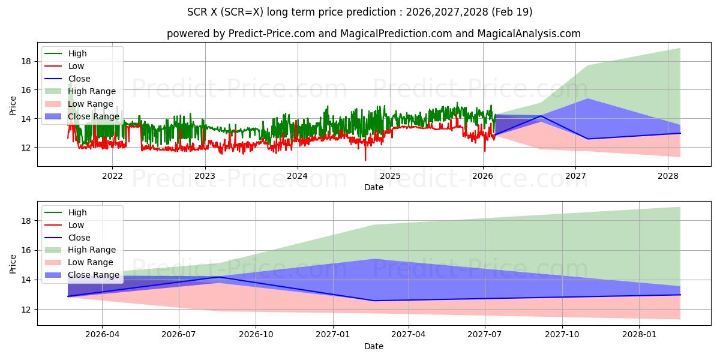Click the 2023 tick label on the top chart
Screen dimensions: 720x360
pos(205,176)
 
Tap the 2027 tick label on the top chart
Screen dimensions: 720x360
pos(575,176)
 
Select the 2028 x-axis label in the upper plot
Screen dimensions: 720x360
pos(668,176)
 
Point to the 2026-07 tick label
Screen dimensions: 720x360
pos(179,335)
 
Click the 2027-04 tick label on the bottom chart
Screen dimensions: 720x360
pos(408,335)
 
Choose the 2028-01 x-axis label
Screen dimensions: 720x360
pos(640,335)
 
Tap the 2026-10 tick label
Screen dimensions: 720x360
pos(256,335)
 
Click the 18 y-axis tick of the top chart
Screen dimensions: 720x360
pos(26,61)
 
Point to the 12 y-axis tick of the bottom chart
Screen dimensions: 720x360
pos(26,310)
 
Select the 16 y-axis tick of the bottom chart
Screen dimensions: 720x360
pos(26,250)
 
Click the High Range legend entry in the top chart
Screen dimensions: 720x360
pos(80,91)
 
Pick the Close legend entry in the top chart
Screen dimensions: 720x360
pos(67,79)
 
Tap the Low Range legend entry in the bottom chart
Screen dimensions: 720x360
pos(79,262)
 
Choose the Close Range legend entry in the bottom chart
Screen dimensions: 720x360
pos(82,275)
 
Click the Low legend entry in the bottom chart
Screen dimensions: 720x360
pos(64,225)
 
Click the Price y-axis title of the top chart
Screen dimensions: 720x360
pos(13,106)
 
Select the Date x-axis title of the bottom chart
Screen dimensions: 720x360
pos(373,346)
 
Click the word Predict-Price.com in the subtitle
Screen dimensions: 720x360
pos(272,34)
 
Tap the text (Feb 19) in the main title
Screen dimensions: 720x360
pos(512,12)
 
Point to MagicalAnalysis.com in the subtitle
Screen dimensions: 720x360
pos(529,34)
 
